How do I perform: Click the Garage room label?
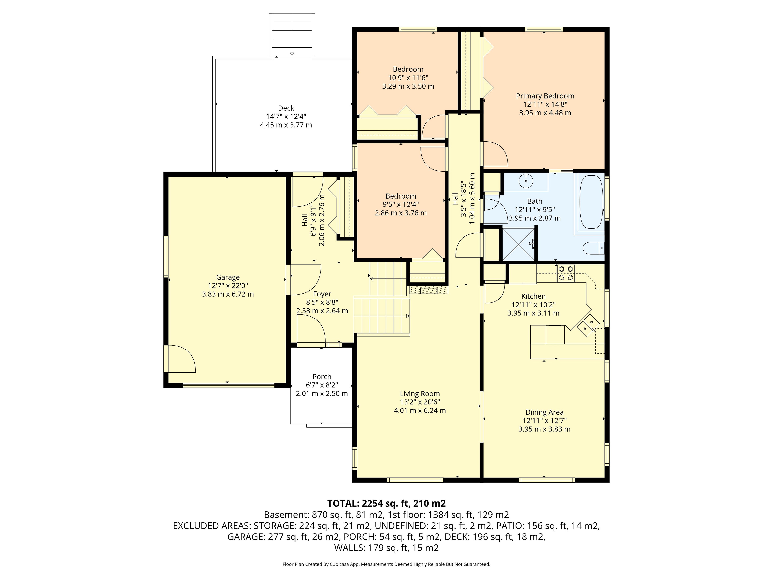(x=228, y=277)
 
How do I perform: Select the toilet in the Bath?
(x=593, y=248)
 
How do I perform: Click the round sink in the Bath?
(x=526, y=181)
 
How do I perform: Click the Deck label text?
(x=286, y=108)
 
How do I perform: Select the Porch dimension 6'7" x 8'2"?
(x=322, y=385)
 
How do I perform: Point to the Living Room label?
(x=420, y=394)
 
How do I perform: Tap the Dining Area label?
(x=545, y=412)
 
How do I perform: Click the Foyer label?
(x=322, y=294)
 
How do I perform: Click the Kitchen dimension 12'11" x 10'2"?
(x=533, y=304)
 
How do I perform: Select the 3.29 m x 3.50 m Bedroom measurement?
(x=408, y=86)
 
